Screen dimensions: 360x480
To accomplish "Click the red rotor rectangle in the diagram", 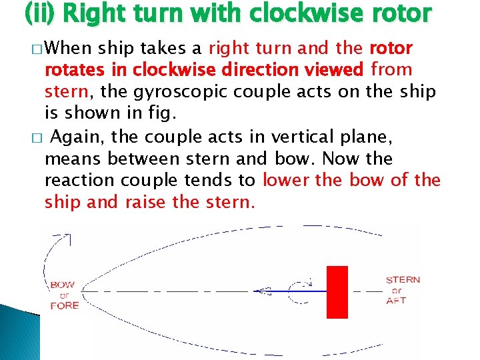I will tap(337, 292).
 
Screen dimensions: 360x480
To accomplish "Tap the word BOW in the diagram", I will tap(63, 285).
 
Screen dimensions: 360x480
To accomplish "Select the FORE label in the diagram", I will tap(64, 305).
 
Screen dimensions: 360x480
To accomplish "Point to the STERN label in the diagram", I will tap(403, 280).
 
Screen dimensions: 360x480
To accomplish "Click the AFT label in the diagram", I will tap(396, 301).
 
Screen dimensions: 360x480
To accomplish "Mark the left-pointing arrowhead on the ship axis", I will tap(263, 291).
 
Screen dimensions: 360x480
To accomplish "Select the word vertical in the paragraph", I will tap(294, 137).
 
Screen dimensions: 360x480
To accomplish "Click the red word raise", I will tap(147, 201).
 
